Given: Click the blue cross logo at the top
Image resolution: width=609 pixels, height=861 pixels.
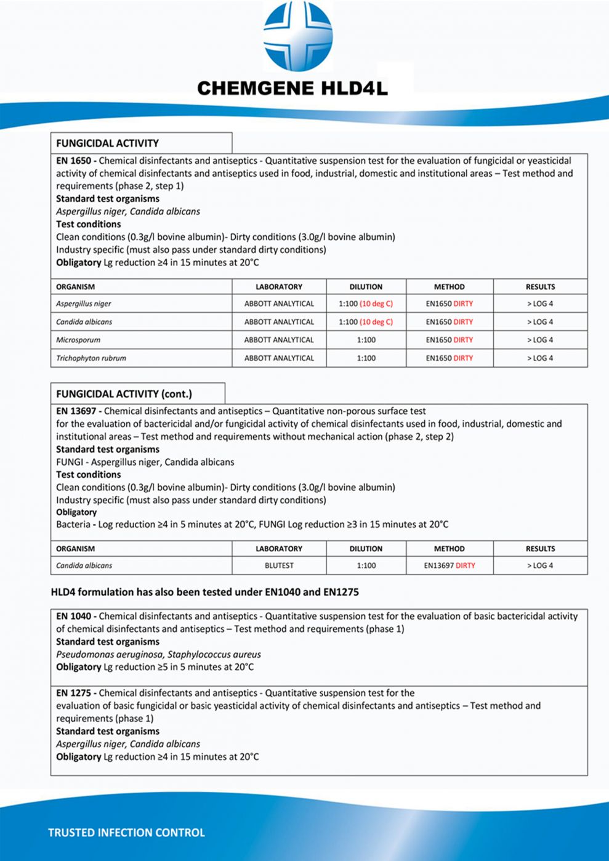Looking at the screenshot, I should (x=298, y=36).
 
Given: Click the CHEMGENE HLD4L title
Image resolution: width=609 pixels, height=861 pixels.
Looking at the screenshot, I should (x=292, y=89).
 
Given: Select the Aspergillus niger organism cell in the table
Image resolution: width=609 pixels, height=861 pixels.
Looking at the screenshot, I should (x=84, y=304).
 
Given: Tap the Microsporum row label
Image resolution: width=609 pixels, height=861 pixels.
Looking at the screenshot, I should (x=78, y=340).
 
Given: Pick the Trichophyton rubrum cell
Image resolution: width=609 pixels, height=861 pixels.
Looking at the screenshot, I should (x=91, y=358).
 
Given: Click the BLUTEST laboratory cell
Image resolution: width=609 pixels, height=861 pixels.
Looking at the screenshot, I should (x=279, y=565).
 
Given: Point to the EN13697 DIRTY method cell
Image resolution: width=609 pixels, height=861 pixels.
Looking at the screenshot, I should (x=450, y=565).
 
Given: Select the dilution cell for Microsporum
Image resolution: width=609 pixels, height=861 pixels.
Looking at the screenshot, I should (x=366, y=340).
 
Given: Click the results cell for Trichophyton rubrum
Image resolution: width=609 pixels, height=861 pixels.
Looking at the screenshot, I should (x=540, y=358).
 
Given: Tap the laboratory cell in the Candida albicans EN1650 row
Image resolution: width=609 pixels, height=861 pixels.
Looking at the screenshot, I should (x=279, y=321).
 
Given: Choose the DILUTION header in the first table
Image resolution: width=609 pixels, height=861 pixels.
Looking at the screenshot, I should (x=366, y=287).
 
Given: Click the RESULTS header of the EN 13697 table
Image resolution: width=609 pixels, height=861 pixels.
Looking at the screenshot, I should (x=540, y=549).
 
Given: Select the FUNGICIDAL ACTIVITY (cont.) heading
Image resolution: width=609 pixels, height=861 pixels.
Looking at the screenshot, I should (x=124, y=394).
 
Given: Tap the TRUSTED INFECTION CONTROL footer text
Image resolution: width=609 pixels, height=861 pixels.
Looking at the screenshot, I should (x=126, y=833).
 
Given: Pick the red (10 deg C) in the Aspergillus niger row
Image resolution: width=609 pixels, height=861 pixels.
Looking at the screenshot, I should (x=376, y=304).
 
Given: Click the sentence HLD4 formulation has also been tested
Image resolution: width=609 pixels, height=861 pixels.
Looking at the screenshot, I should (x=204, y=592).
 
